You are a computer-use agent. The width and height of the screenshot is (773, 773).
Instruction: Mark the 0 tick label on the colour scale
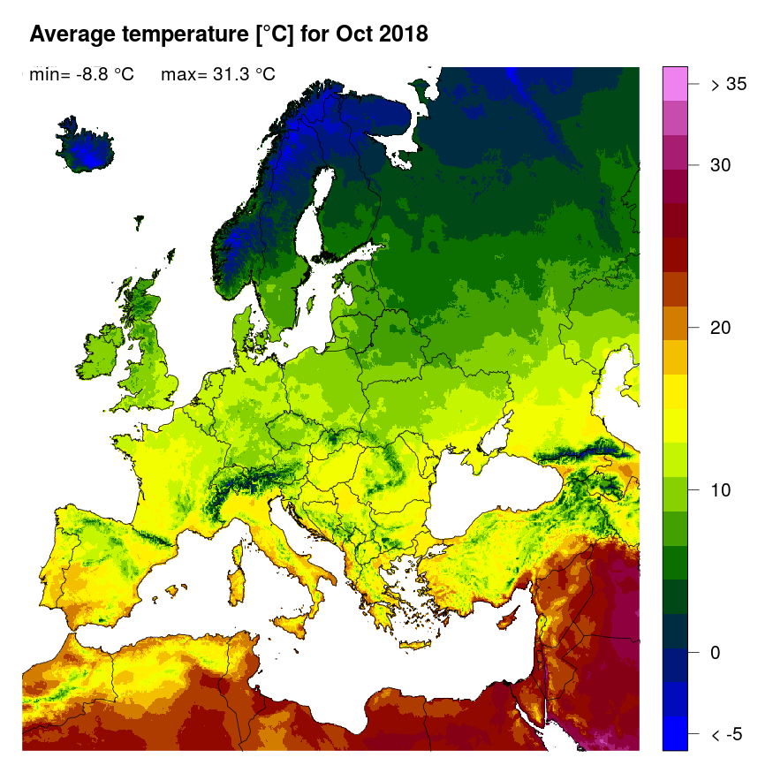716,653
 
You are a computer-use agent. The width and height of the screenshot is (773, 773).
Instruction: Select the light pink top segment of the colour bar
675,85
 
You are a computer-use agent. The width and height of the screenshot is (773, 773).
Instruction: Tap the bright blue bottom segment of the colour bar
675,733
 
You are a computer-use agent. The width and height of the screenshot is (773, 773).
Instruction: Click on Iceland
86,149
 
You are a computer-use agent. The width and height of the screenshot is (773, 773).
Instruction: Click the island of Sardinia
237,575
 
